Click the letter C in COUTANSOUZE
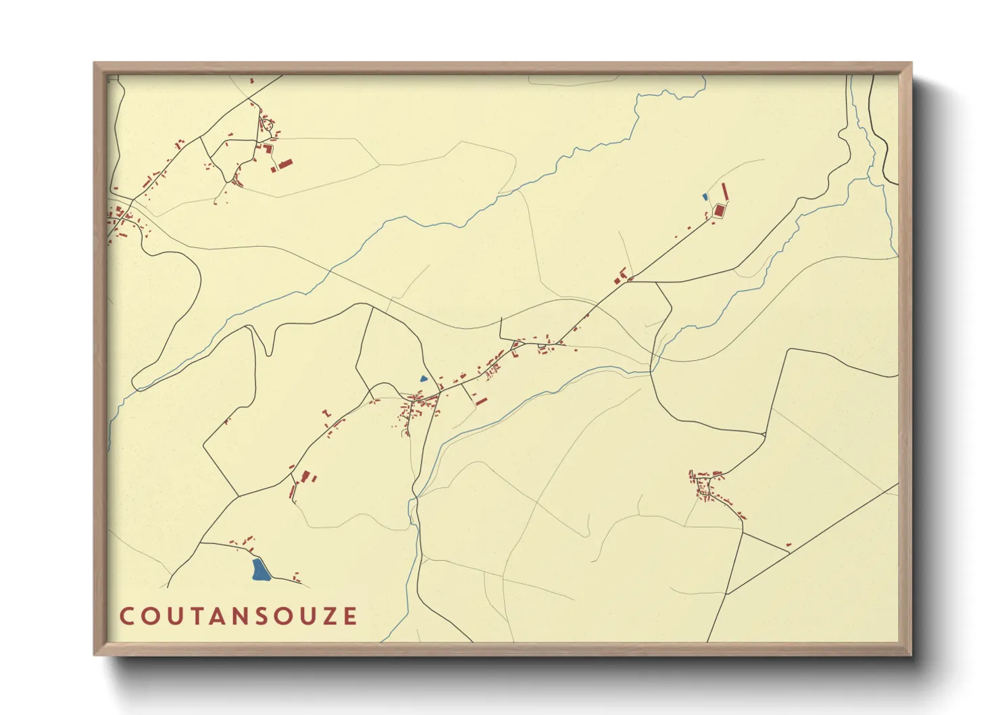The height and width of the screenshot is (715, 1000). pyautogui.click(x=126, y=616)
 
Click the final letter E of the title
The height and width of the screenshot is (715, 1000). pyautogui.click(x=350, y=616)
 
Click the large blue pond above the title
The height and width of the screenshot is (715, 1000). pyautogui.click(x=259, y=570)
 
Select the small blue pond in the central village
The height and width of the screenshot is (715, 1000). pyautogui.click(x=424, y=379)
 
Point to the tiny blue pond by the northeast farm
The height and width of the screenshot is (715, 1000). pyautogui.click(x=705, y=197)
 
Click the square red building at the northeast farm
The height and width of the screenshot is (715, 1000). pyautogui.click(x=719, y=211)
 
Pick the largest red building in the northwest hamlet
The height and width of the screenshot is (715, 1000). pyautogui.click(x=284, y=163)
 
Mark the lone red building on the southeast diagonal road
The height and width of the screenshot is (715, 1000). pyautogui.click(x=789, y=544)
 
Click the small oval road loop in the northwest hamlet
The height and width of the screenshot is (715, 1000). pyautogui.click(x=266, y=124)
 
